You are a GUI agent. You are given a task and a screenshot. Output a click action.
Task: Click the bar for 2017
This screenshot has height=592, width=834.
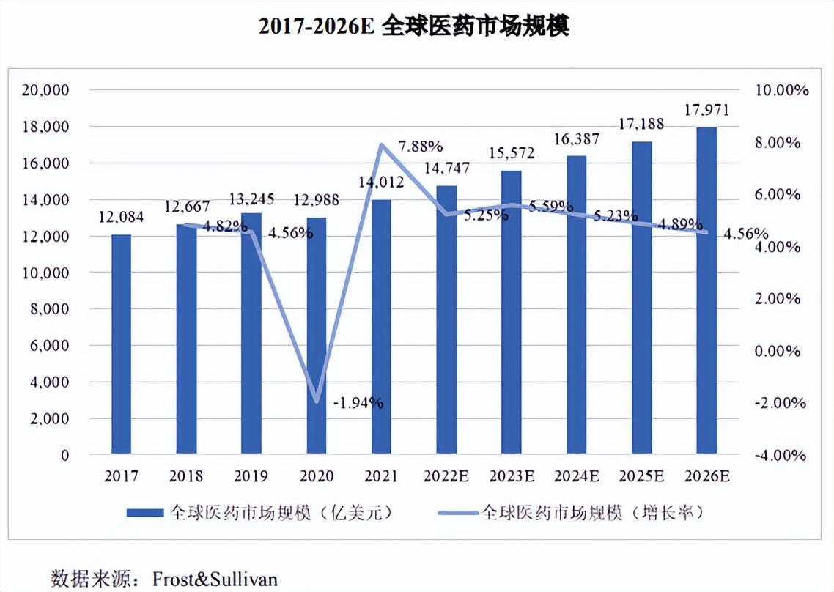click(121, 344)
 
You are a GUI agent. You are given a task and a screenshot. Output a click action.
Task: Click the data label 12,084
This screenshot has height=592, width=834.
click(122, 218)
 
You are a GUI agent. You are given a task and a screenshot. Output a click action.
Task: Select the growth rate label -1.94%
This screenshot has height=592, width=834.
click(358, 402)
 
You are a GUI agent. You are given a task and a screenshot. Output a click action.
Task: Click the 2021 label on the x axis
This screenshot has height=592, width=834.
click(381, 476)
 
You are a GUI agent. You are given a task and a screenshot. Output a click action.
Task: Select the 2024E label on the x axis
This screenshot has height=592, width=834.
click(577, 476)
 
